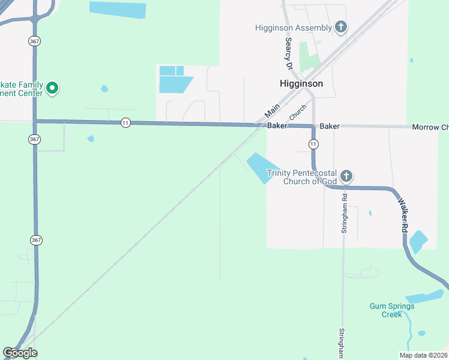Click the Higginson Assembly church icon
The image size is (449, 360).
click(340, 26)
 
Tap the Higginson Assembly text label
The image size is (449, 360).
click(294, 28)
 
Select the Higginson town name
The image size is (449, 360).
click(301, 84)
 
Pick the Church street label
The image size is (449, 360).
click(298, 111)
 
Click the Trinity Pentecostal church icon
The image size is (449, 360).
click(346, 176)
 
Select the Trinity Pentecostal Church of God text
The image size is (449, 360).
click(303, 177)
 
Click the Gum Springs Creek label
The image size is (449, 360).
click(392, 310)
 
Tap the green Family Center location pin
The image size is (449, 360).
click(52, 89)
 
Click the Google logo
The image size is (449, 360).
click(20, 353)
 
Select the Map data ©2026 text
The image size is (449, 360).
click(423, 355)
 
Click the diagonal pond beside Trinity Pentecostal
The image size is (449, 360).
click(262, 166)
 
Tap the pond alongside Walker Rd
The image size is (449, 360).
click(417, 242)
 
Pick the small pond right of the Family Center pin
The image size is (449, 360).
click(104, 89)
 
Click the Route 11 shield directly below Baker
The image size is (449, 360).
click(313, 144)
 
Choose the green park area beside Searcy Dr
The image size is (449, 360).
click(309, 56)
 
